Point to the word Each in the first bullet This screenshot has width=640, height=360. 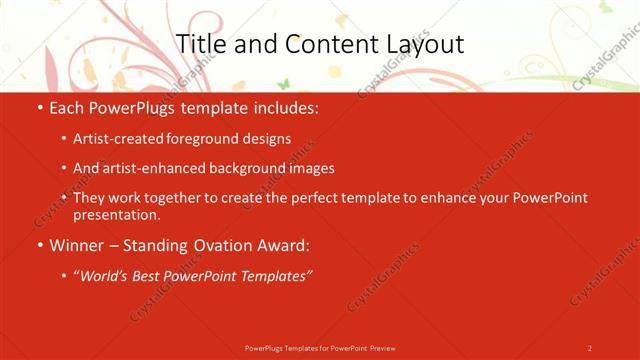click(67, 106)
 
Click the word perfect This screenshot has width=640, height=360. click(321, 198)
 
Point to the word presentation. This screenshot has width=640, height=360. click(116, 214)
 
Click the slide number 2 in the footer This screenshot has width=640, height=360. click(590, 347)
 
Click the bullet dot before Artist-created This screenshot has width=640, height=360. click(64, 139)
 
